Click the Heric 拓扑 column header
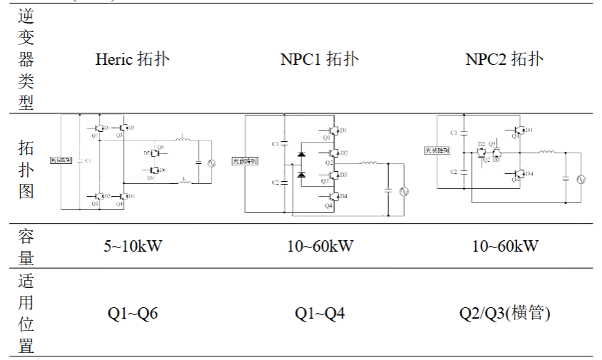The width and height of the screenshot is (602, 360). click(133, 59)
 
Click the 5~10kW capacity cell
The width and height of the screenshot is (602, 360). click(133, 247)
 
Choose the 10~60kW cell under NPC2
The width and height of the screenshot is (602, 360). click(505, 247)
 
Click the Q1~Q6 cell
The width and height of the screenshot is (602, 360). click(133, 313)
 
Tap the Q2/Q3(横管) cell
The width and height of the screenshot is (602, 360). click(505, 313)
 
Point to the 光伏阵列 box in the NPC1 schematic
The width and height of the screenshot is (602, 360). click(244, 161)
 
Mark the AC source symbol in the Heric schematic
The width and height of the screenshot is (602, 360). click(211, 163)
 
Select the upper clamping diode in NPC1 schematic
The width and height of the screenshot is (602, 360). click(301, 153)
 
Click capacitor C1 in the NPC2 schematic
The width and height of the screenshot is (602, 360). click(463, 133)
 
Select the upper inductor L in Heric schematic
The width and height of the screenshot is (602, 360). click(183, 140)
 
